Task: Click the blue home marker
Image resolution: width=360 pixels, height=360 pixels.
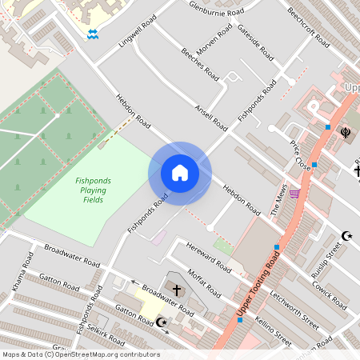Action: (180, 173)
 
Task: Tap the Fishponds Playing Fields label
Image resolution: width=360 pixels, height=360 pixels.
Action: (94, 190)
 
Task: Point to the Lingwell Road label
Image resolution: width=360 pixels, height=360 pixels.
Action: (137, 31)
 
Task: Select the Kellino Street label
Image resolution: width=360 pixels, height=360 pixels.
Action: (274, 331)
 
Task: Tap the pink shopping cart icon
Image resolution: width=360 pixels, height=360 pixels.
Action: (294, 193)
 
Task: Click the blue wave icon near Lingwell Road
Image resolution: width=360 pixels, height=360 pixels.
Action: (93, 34)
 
